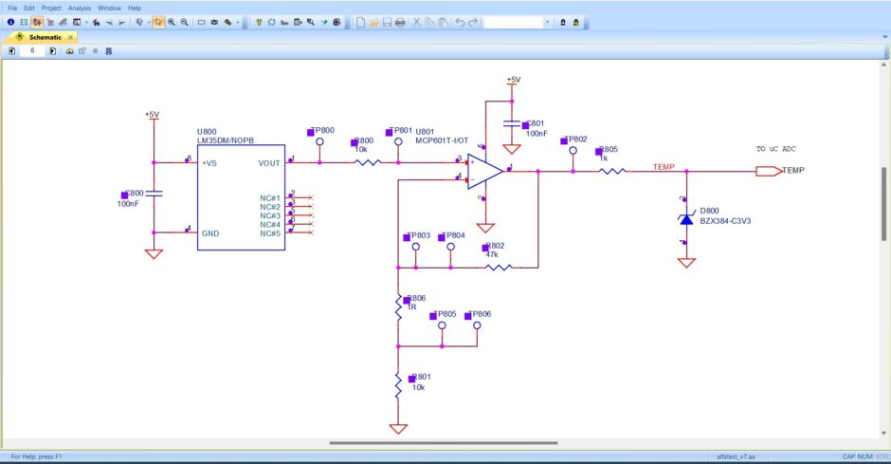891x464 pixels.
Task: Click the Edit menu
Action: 30,8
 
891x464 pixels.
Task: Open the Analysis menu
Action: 80,8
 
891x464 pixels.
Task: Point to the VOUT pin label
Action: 269,162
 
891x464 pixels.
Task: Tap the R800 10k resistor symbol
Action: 367,162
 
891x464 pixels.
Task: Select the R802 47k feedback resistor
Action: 497,268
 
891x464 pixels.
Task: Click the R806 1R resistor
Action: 399,306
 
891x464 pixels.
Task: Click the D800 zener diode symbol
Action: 686,220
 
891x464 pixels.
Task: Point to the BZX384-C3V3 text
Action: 732,221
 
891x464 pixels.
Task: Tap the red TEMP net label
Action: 664,167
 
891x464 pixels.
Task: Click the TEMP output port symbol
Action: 768,172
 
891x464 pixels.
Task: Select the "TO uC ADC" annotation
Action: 776,149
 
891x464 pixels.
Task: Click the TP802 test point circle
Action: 573,150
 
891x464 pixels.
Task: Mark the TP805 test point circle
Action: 441,324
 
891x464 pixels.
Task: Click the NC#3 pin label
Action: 269,215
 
